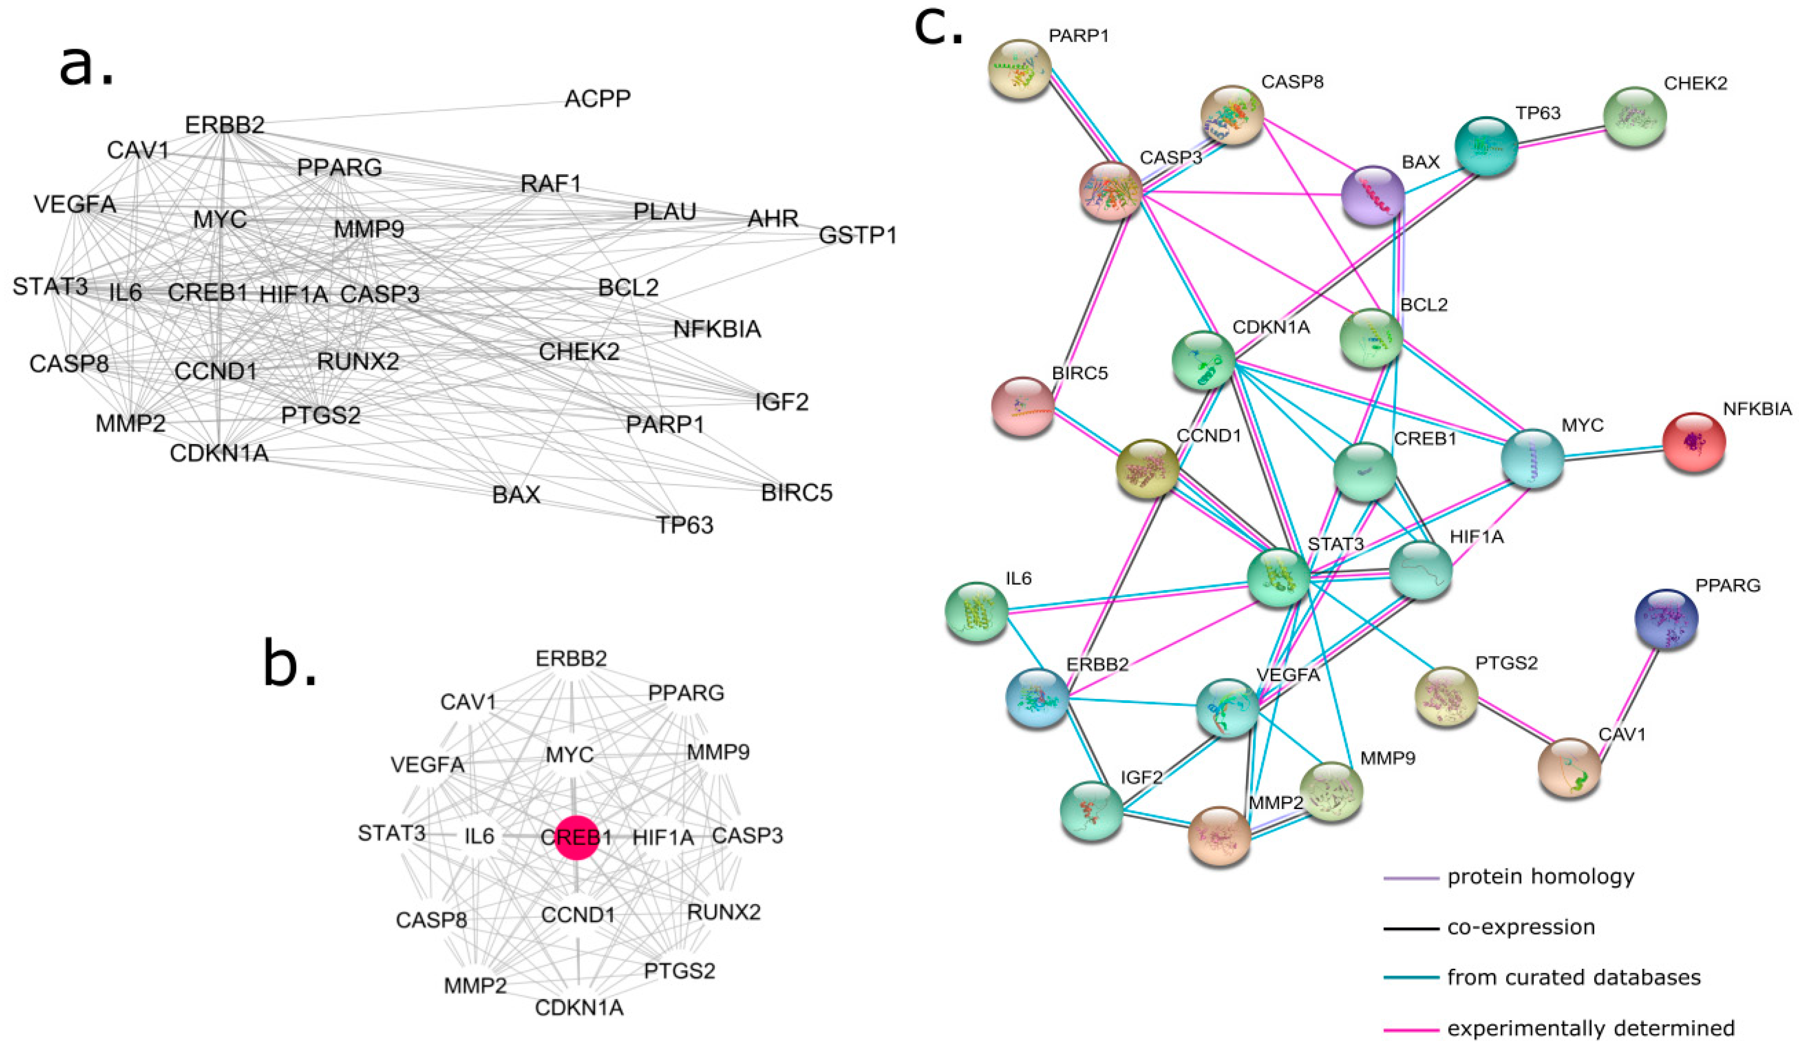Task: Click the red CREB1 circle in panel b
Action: tap(576, 837)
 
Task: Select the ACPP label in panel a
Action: tap(598, 99)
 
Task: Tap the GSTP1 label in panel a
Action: tap(857, 235)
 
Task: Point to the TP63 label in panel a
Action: tap(685, 525)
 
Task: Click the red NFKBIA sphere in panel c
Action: tap(1693, 442)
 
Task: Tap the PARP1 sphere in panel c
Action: tap(1019, 69)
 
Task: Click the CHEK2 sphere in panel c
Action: tap(1635, 116)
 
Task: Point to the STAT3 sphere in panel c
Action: tap(1278, 578)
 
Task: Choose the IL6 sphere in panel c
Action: tap(976, 611)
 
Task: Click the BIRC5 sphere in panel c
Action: tap(1022, 406)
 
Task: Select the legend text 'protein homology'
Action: tap(1541, 876)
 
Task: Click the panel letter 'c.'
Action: tap(939, 29)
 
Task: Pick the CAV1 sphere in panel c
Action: tap(1568, 767)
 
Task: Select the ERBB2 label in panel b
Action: tap(571, 658)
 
